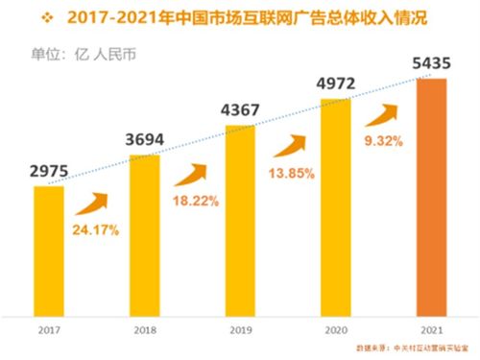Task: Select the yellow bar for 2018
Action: [x=143, y=235]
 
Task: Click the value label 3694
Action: [x=144, y=140]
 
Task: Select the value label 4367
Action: [x=240, y=110]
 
